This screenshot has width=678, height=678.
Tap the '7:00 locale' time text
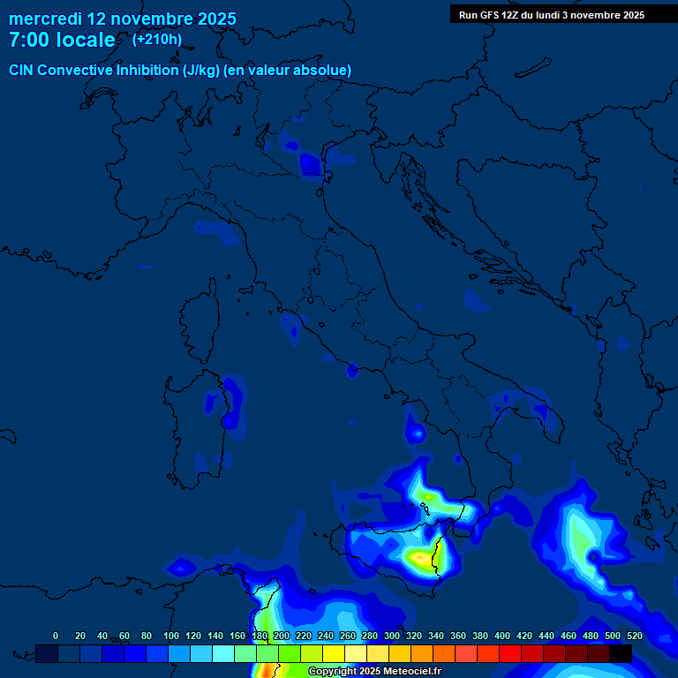tap(62, 40)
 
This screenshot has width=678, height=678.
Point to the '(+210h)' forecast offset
tap(157, 39)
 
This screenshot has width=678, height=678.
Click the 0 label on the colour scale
tap(56, 636)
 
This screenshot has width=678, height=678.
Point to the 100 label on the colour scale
tap(171, 636)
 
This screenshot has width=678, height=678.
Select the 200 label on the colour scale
tap(282, 636)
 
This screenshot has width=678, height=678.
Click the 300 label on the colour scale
tap(392, 636)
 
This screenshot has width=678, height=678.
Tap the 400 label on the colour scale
tap(502, 636)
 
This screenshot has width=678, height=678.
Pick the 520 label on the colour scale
tap(634, 636)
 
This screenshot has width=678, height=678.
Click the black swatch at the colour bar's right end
tap(621, 653)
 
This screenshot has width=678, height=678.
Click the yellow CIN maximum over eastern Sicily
tap(420, 557)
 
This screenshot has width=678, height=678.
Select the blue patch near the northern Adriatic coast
tap(311, 164)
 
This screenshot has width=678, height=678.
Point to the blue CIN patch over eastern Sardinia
tap(232, 397)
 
